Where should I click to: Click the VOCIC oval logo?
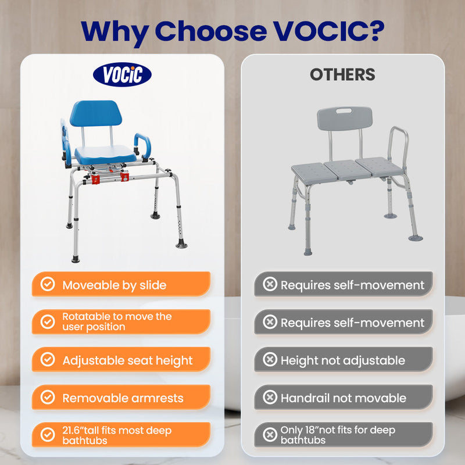(x=122, y=75)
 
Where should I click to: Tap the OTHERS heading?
(x=342, y=74)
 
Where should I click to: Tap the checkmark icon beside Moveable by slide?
(x=48, y=284)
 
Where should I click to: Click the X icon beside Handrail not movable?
(x=270, y=398)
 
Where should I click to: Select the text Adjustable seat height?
(x=127, y=360)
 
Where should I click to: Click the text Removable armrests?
(x=123, y=398)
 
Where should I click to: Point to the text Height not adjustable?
(x=342, y=360)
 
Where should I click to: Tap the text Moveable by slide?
(x=115, y=285)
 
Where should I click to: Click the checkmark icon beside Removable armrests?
(x=48, y=398)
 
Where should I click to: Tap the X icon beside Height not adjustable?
(x=270, y=360)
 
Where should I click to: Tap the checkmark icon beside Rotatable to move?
(x=48, y=321)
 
